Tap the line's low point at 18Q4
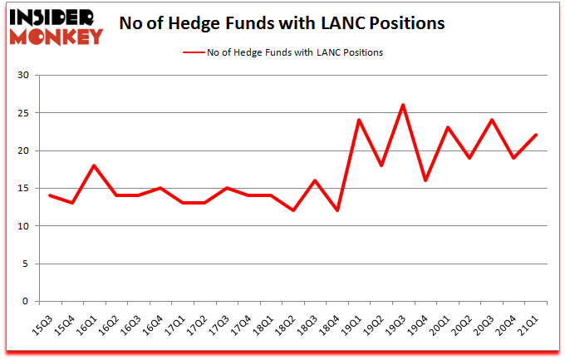[337, 210]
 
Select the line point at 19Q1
[359, 120]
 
